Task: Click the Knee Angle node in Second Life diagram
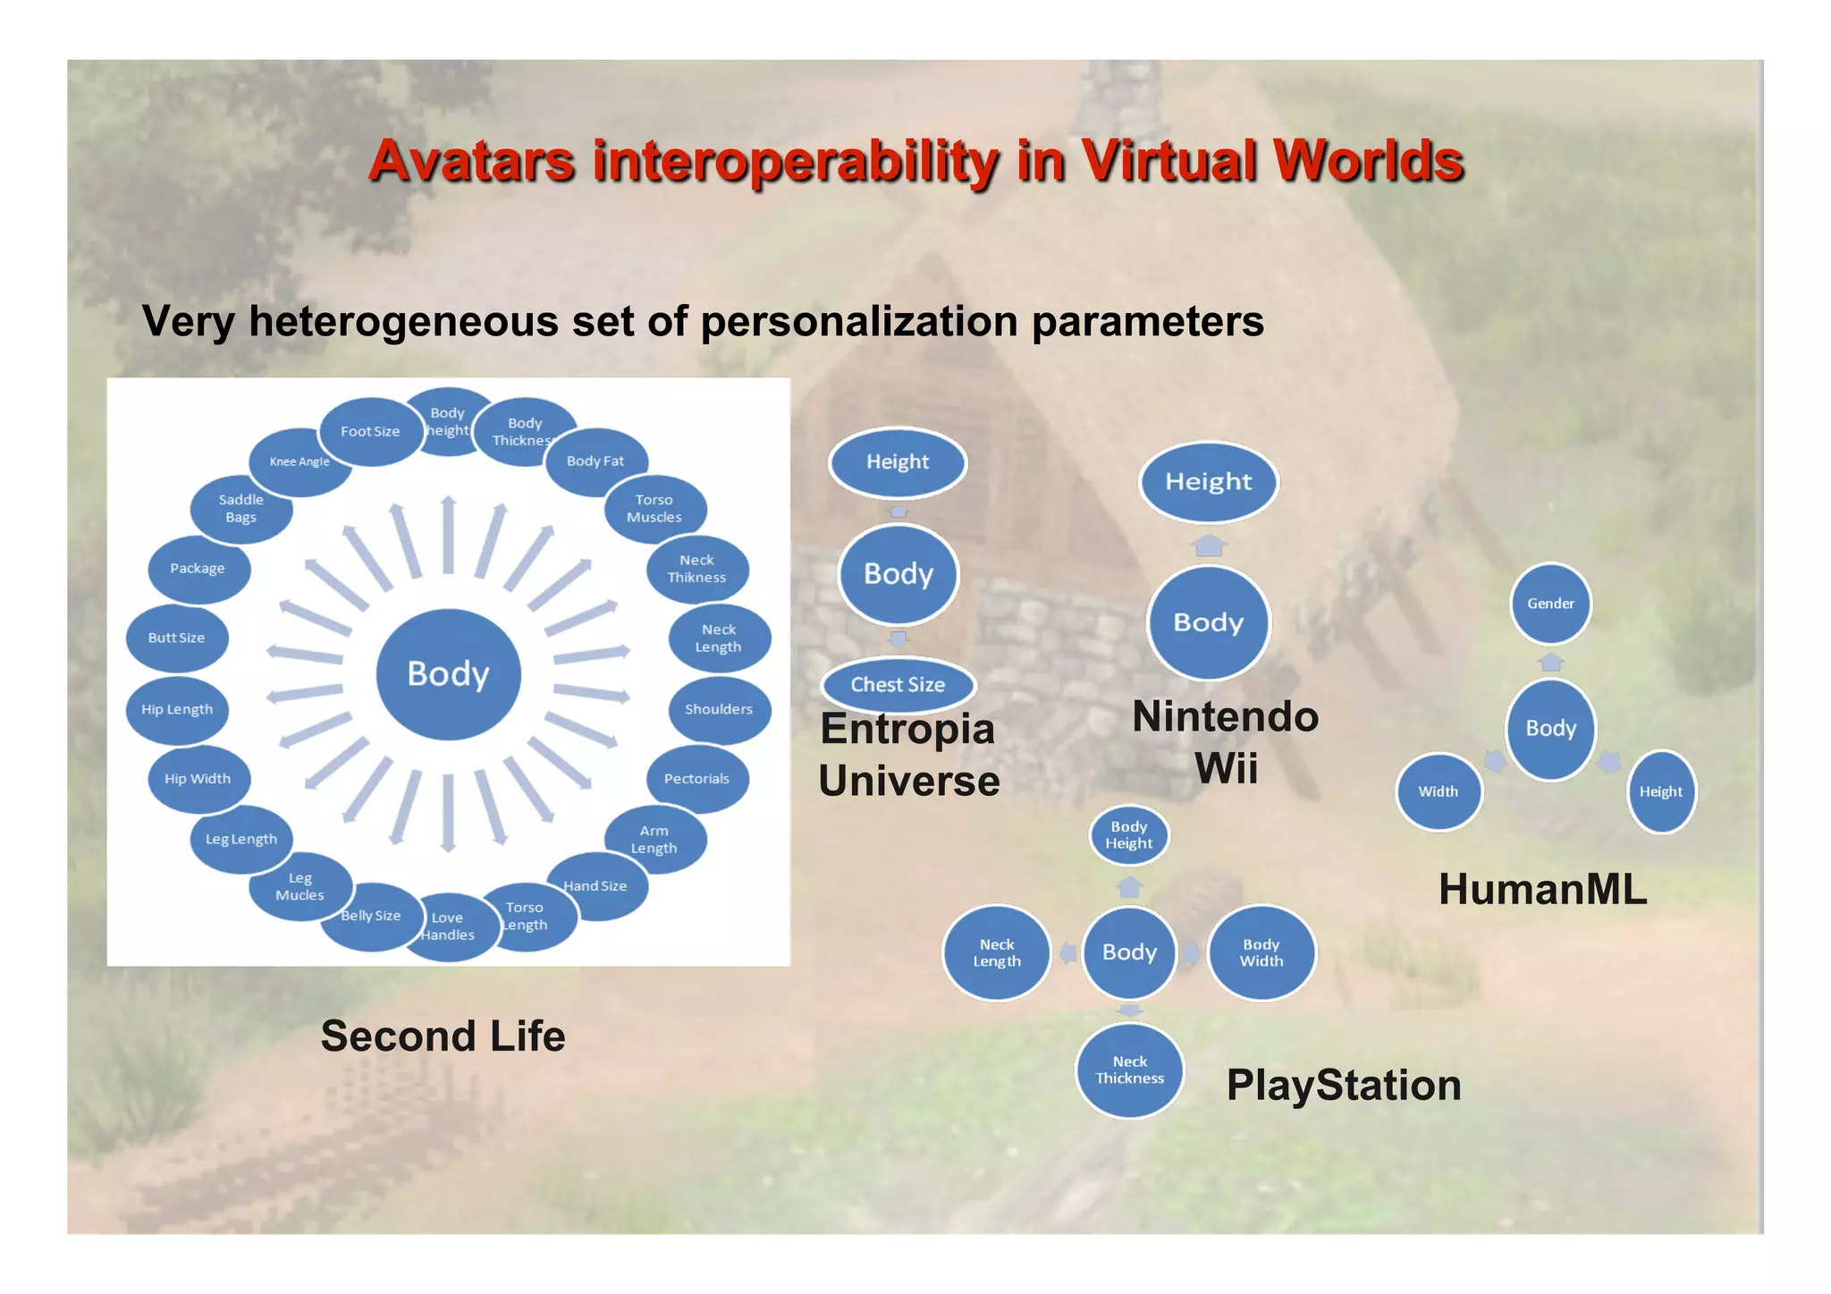pyautogui.click(x=300, y=462)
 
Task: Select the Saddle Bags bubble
pyautogui.click(x=240, y=509)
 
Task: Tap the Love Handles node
pyautogui.click(x=447, y=926)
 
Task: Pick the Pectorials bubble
pyautogui.click(x=696, y=779)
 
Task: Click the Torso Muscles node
pyautogui.click(x=654, y=509)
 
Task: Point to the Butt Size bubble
pyautogui.click(x=176, y=639)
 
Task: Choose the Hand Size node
pyautogui.click(x=595, y=886)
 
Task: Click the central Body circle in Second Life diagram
pyautogui.click(x=448, y=674)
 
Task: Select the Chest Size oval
pyautogui.click(x=898, y=685)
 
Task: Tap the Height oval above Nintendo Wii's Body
pyautogui.click(x=1208, y=482)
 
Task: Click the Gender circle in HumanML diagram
pyautogui.click(x=1550, y=604)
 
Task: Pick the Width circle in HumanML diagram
pyautogui.click(x=1438, y=792)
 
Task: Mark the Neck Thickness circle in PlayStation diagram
pyautogui.click(x=1129, y=1070)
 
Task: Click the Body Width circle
pyautogui.click(x=1261, y=953)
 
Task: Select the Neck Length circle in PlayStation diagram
pyautogui.click(x=996, y=953)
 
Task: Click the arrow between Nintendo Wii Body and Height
pyautogui.click(x=1209, y=545)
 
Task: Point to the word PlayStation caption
pyautogui.click(x=1343, y=1086)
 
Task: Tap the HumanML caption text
pyautogui.click(x=1542, y=890)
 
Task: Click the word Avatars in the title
pyautogui.click(x=471, y=162)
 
